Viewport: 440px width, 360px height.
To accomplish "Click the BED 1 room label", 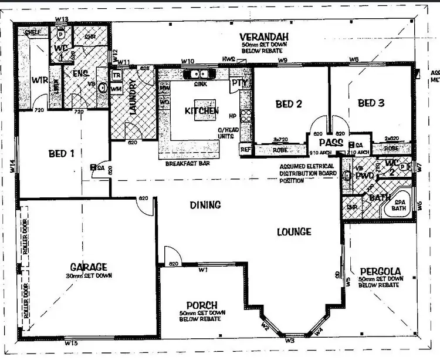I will click(x=61, y=154).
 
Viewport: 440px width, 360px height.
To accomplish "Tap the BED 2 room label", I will click(x=289, y=104).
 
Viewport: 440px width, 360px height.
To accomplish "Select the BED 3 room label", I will click(x=371, y=103).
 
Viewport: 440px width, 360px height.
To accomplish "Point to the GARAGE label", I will click(x=88, y=266).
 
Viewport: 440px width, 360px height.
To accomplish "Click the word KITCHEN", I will click(x=202, y=110).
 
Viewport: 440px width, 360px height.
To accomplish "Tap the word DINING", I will click(x=205, y=205).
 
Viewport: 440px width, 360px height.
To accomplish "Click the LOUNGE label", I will click(x=294, y=232).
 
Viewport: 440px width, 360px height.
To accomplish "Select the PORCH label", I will click(x=202, y=305).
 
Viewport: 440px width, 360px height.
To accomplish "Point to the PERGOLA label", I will click(x=380, y=271).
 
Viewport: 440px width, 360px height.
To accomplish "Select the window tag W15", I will click(x=72, y=342).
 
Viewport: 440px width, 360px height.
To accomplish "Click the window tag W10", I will click(x=187, y=61).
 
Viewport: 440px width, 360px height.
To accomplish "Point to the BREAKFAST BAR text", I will click(x=188, y=164).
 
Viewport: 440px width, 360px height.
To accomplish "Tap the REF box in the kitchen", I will click(x=245, y=150).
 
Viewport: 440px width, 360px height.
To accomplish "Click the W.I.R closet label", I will click(x=39, y=79).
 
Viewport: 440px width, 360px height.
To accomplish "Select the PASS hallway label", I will click(x=331, y=142).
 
